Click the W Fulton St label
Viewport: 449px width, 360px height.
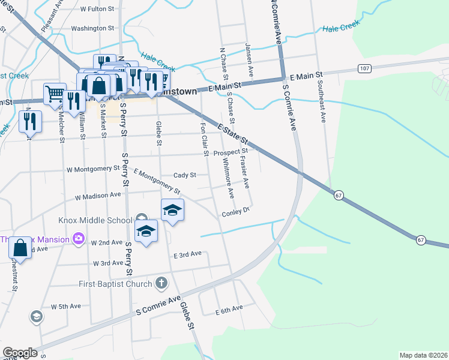(97, 10)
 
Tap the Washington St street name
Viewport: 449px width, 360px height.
(92, 28)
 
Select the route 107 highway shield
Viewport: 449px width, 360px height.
(365, 68)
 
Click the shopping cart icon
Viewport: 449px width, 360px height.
(54, 93)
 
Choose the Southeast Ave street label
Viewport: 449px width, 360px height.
(322, 103)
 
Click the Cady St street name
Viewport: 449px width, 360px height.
(185, 175)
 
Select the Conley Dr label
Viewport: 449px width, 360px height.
(235, 212)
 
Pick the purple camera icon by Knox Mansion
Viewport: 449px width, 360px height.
(78, 239)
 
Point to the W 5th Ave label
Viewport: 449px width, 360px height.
(66, 306)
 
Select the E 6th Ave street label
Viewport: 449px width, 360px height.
(229, 308)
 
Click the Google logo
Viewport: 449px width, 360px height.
(20, 353)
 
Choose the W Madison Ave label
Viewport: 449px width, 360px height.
(98, 195)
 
